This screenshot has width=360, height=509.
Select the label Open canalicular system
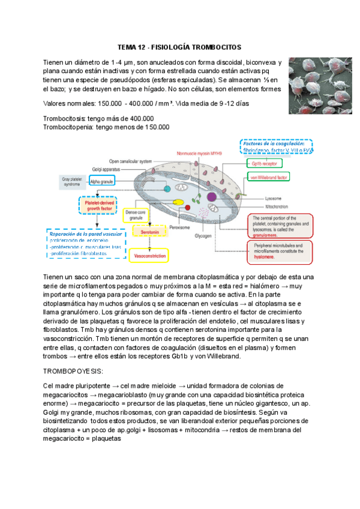point(130,161)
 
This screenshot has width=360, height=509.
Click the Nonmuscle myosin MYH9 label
point(200,154)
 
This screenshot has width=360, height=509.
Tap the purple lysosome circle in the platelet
point(212,196)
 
